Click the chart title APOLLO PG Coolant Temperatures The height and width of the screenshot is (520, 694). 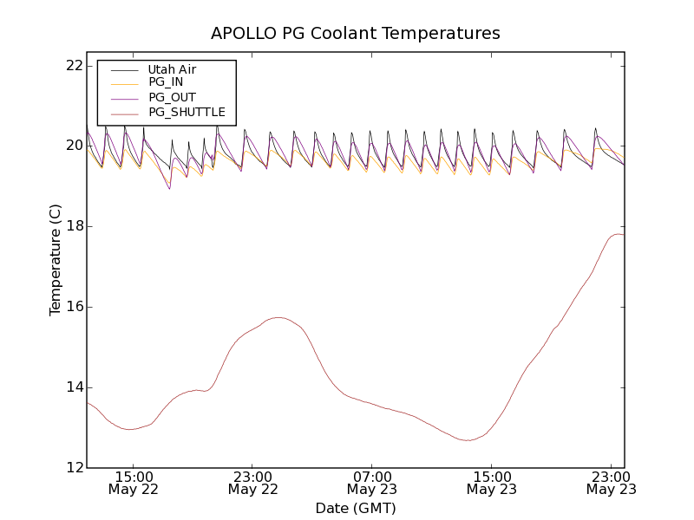click(x=356, y=34)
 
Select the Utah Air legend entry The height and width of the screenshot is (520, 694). click(x=172, y=69)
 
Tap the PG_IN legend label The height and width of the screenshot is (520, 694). click(x=166, y=82)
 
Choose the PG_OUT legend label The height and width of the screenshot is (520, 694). click(x=172, y=97)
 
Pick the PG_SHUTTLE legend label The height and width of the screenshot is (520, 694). click(x=187, y=112)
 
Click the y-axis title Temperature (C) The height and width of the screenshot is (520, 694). click(x=56, y=260)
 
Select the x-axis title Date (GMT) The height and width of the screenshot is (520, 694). click(x=356, y=508)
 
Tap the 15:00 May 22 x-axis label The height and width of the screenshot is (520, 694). click(x=134, y=483)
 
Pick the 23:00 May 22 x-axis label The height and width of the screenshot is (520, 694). click(x=252, y=483)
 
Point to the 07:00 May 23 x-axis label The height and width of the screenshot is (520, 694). click(x=372, y=483)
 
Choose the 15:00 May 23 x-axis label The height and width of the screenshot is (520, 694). click(x=491, y=483)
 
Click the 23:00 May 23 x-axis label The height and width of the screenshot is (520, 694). click(x=611, y=483)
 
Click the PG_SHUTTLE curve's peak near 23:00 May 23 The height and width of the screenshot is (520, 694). click(x=618, y=234)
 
